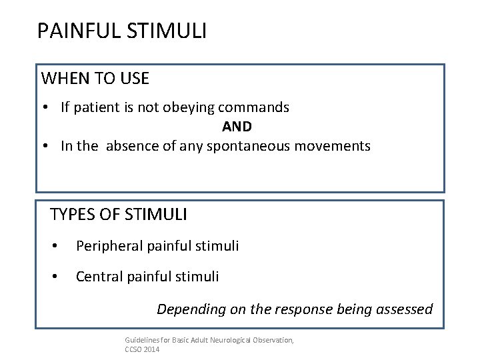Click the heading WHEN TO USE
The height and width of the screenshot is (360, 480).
coord(95,79)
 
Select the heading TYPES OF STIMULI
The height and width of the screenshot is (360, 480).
coord(119,215)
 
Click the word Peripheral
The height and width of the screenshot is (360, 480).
coord(106,246)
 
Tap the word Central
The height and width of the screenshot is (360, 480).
coord(97,275)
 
